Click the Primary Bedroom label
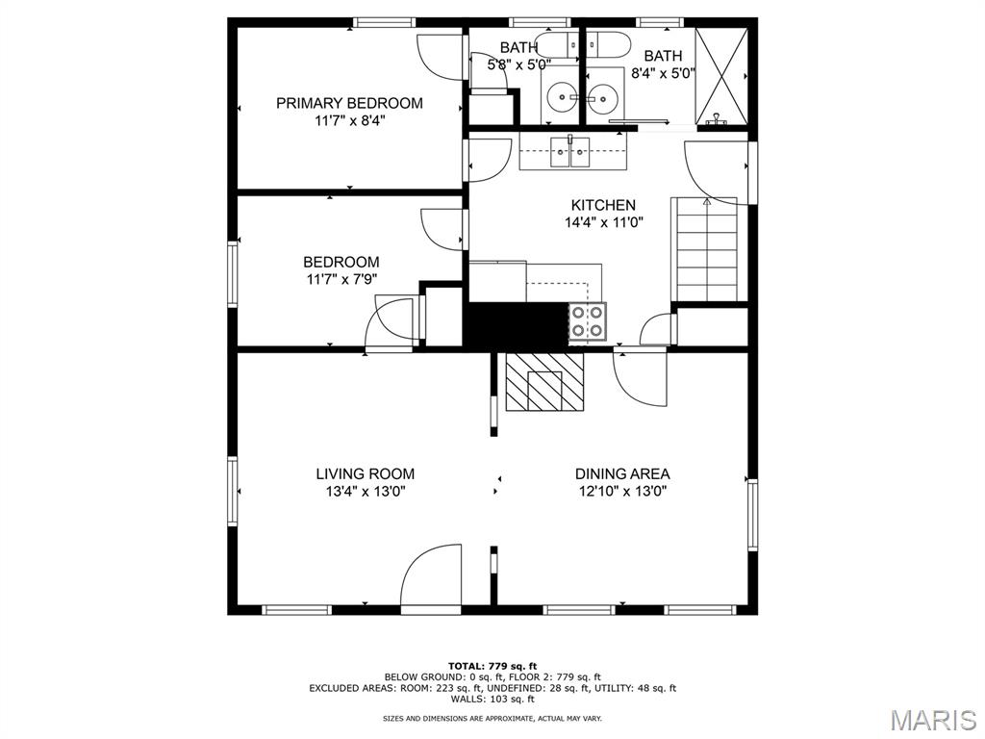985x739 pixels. tap(349, 103)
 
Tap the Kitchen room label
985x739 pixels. tap(603, 205)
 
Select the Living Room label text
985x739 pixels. tap(365, 473)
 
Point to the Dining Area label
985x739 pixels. tap(622, 473)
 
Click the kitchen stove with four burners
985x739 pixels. tap(588, 321)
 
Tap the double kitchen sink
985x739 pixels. tap(570, 152)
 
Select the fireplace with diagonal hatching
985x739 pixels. tap(544, 381)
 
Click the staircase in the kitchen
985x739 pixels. tap(707, 249)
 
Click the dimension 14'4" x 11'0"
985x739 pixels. tap(603, 222)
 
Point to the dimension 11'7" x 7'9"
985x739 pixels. tap(341, 280)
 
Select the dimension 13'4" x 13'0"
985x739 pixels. tap(365, 492)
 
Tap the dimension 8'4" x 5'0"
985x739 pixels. tap(664, 73)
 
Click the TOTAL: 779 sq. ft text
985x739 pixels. tap(492, 666)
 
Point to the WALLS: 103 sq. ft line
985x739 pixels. tap(492, 699)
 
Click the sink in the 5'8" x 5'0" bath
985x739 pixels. tap(559, 97)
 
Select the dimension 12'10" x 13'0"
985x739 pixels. tap(622, 492)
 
